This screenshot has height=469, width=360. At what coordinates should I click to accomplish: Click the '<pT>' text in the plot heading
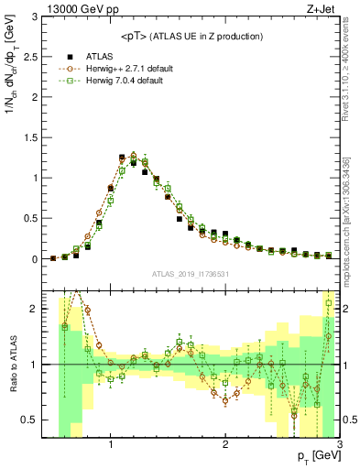click(x=134, y=36)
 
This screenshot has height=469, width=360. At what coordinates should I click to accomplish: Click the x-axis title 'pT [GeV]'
click(x=316, y=455)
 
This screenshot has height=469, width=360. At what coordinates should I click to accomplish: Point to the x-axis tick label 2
click(x=225, y=445)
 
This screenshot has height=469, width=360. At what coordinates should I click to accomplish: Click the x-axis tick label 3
click(x=339, y=445)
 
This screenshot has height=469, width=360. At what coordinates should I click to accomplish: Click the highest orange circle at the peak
click(x=134, y=155)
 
